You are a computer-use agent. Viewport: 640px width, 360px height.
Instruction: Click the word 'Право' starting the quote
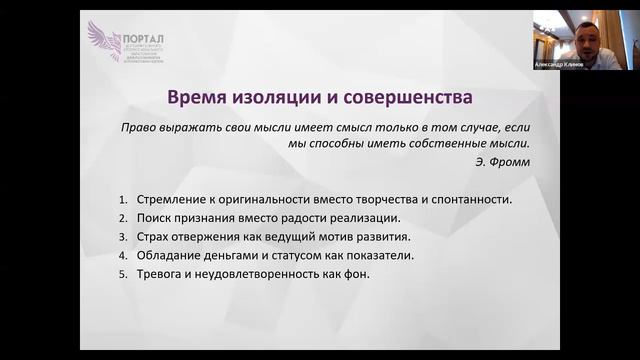(x=138, y=128)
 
